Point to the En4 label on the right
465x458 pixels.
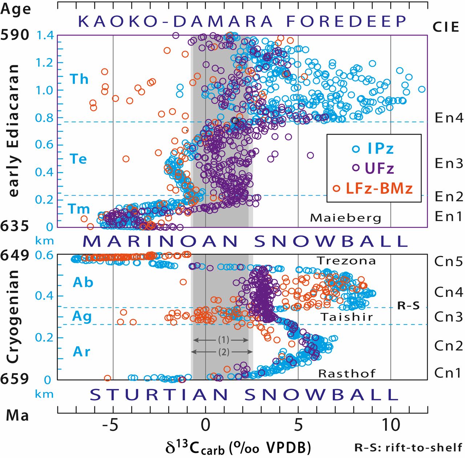point(449,118)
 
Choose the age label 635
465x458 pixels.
point(15,226)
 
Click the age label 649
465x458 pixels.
point(15,255)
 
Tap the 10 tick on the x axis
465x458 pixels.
point(391,425)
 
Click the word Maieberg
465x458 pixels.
point(345,218)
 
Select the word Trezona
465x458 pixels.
point(346,261)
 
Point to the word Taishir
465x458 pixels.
point(347,317)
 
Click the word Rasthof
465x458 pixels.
point(347,373)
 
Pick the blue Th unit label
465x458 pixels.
point(79,79)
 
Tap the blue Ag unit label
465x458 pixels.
point(82,316)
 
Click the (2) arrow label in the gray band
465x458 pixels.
point(223,352)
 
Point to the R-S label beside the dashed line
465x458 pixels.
point(408,306)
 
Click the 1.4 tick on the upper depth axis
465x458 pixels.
point(45,35)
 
